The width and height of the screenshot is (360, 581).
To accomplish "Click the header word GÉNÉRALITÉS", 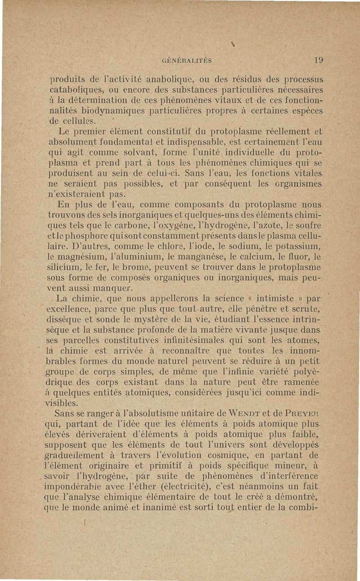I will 187,59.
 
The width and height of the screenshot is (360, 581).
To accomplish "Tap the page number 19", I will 307,58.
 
